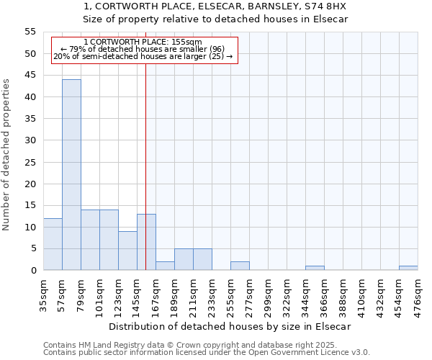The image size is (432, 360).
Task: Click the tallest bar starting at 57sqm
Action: [x=71, y=175]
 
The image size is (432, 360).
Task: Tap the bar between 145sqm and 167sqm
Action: [x=146, y=242]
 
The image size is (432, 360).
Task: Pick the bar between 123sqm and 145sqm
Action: [x=127, y=251]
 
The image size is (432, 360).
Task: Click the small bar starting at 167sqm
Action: [x=165, y=266]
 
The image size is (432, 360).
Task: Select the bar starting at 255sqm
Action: [x=240, y=266]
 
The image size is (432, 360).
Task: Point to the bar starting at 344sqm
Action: [x=315, y=268]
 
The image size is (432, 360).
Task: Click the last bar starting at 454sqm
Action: [x=408, y=268]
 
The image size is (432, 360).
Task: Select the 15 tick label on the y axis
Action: [x=30, y=205]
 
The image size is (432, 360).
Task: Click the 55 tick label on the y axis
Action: [x=30, y=32]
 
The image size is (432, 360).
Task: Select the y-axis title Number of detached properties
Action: [x=6, y=155]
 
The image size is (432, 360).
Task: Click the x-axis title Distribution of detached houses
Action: [x=230, y=326]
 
